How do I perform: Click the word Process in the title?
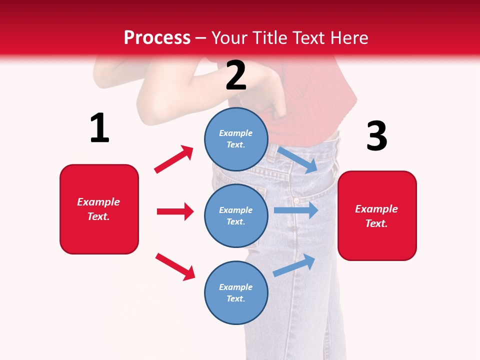[x=157, y=38]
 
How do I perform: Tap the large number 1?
[x=99, y=128]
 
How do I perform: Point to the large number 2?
[x=236, y=75]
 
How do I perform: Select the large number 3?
[x=376, y=136]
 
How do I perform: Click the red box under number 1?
[x=99, y=209]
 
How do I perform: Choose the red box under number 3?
[x=377, y=215]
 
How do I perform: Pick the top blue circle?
[x=236, y=139]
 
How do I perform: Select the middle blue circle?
[x=236, y=215]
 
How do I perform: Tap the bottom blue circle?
[x=236, y=292]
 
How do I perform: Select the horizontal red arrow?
[x=175, y=211]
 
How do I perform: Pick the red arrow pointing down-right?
[x=175, y=266]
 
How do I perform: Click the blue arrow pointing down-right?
[x=297, y=159]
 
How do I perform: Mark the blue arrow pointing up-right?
[x=294, y=265]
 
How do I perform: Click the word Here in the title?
[x=349, y=38]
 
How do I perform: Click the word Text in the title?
[x=308, y=38]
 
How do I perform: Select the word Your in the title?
[x=229, y=38]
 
